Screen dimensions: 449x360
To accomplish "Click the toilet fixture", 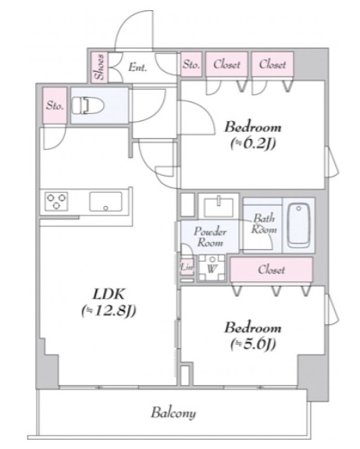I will tap(86, 105).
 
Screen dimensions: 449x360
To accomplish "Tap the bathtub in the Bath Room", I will tap(299, 225).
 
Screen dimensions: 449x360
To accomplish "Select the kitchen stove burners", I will tap(57, 202).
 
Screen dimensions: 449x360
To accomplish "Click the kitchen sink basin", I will tap(105, 202).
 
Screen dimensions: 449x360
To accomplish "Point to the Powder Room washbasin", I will tap(216, 207).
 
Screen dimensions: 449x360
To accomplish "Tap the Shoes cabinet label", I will tap(99, 66).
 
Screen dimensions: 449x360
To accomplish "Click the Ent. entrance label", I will tap(137, 67).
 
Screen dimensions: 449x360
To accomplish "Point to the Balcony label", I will tap(173, 413).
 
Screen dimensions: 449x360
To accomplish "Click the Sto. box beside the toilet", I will tap(54, 105).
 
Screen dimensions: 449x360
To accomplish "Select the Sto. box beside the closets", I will tap(191, 65).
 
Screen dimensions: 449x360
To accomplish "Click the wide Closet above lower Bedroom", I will tap(271, 269).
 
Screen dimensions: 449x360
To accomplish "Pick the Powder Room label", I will tap(210, 237).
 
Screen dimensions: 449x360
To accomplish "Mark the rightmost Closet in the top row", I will tap(273, 65).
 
